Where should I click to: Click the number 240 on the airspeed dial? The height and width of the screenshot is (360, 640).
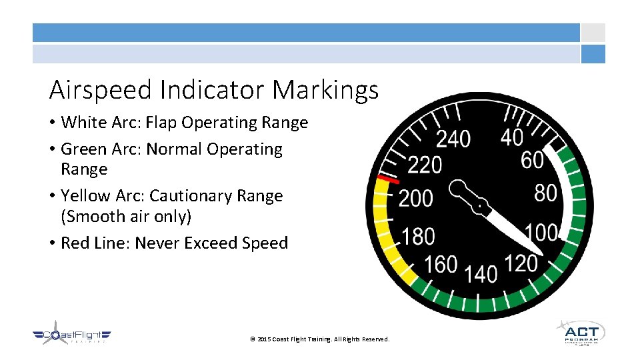click(x=453, y=139)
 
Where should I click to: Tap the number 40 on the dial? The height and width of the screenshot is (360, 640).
click(x=512, y=137)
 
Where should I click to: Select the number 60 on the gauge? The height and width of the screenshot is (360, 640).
click(x=532, y=160)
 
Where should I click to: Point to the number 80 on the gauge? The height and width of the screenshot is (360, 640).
click(x=545, y=193)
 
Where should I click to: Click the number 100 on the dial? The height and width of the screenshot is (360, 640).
click(x=541, y=233)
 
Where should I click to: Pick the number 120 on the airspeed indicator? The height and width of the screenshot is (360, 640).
click(x=521, y=264)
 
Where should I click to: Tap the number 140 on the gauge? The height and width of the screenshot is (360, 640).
click(x=481, y=273)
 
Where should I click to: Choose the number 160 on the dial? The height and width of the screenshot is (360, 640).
click(x=441, y=265)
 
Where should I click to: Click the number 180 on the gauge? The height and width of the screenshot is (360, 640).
click(x=419, y=237)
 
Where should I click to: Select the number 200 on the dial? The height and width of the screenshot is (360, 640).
click(x=415, y=199)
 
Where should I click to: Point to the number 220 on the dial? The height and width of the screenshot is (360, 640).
click(x=425, y=164)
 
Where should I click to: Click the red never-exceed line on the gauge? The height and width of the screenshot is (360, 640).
click(x=388, y=179)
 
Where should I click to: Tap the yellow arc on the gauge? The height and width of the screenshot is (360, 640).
click(x=387, y=227)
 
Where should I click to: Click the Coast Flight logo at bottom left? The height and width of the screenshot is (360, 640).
click(x=72, y=337)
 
